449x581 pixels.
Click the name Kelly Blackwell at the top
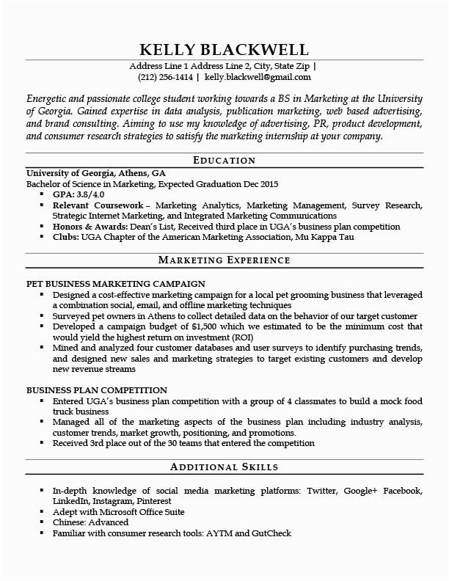224,49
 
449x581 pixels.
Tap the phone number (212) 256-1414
165,76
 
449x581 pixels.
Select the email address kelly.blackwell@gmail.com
258,76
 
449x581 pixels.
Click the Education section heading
224,160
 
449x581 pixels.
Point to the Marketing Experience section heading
224,260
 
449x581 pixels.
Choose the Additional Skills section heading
224,467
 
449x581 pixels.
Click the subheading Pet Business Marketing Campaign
115,283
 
